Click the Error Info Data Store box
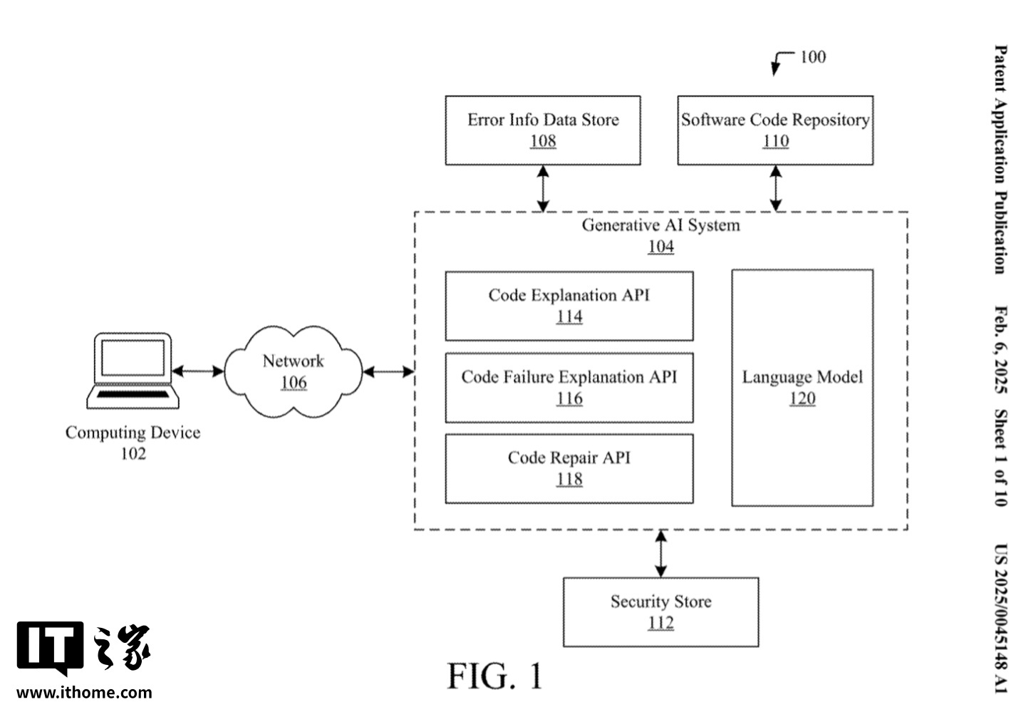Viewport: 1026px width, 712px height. tap(543, 130)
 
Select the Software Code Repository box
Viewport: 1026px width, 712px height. tap(775, 130)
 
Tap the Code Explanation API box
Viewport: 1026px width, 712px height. tap(569, 306)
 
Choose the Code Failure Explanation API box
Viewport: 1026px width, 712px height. tap(569, 388)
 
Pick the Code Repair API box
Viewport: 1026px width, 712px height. tap(569, 468)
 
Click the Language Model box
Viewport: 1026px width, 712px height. tap(802, 388)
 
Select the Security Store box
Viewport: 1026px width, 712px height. tap(660, 612)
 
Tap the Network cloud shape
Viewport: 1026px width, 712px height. tap(294, 372)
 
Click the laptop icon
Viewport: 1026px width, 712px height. tap(133, 371)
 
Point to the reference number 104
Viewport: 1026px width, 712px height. tap(660, 247)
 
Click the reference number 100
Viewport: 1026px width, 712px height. tap(812, 57)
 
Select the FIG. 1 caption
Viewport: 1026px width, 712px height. tap(495, 676)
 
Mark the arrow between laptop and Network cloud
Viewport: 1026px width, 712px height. tap(197, 371)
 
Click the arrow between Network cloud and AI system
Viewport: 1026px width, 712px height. tap(388, 371)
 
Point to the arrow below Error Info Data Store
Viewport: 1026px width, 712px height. tap(543, 189)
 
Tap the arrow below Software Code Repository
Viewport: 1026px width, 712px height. tap(775, 189)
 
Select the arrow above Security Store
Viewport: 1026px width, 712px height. tap(660, 554)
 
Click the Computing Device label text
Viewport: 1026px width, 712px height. tap(133, 433)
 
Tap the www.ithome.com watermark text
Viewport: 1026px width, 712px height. tap(84, 692)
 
